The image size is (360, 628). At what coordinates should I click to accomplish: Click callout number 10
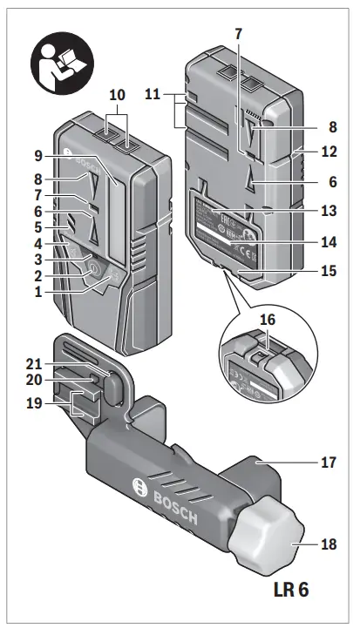click(118, 94)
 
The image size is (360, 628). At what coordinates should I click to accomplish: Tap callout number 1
click(38, 293)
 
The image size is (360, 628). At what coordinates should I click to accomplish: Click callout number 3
click(38, 260)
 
